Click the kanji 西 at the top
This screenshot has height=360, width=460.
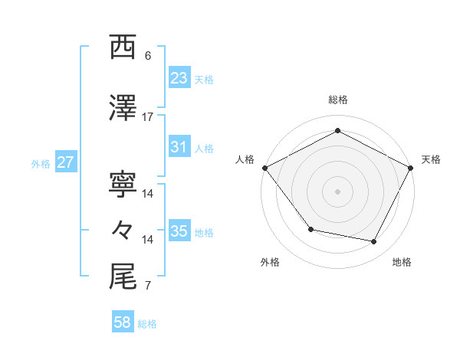(x=123, y=47)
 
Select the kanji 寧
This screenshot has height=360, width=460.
(x=123, y=185)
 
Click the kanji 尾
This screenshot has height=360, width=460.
(x=123, y=277)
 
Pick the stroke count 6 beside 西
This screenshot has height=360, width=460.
(x=148, y=56)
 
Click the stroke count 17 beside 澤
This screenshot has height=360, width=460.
(x=148, y=117)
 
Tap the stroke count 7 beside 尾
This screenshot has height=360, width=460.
(x=148, y=286)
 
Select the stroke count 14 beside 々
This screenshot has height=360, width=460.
(x=148, y=240)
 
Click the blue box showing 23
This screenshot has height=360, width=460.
(x=179, y=77)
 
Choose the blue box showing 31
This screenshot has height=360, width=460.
(x=179, y=147)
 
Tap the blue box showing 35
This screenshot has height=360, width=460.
(x=179, y=231)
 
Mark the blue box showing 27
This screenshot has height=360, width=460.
(x=66, y=162)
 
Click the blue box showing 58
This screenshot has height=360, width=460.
(x=123, y=323)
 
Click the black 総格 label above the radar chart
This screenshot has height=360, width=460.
(x=337, y=100)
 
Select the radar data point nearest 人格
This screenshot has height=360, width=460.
(x=264, y=168)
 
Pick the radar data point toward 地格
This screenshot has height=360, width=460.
(x=374, y=242)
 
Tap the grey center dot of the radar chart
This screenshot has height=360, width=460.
(x=337, y=191)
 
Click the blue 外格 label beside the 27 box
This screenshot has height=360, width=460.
(x=41, y=163)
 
